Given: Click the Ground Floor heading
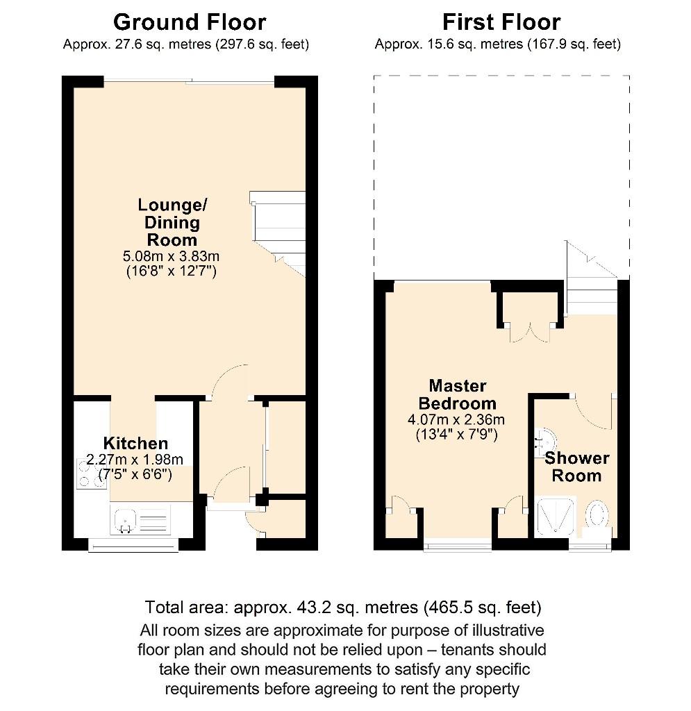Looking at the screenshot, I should coord(189,22).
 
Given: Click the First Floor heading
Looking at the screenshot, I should coord(501,22).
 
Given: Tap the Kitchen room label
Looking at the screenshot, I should coord(135,444).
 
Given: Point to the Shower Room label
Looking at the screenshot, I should coord(576,467).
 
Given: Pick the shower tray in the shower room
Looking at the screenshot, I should coord(556,515).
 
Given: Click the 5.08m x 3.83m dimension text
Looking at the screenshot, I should coord(169,256).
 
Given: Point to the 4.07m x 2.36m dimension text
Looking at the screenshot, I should coord(456,419).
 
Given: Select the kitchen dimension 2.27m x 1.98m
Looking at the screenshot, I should coord(135,459).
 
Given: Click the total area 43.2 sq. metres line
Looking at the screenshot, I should coord(343,608).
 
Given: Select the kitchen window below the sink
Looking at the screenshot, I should coord(133,545).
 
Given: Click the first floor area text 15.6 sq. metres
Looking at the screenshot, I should coord(497,44).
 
